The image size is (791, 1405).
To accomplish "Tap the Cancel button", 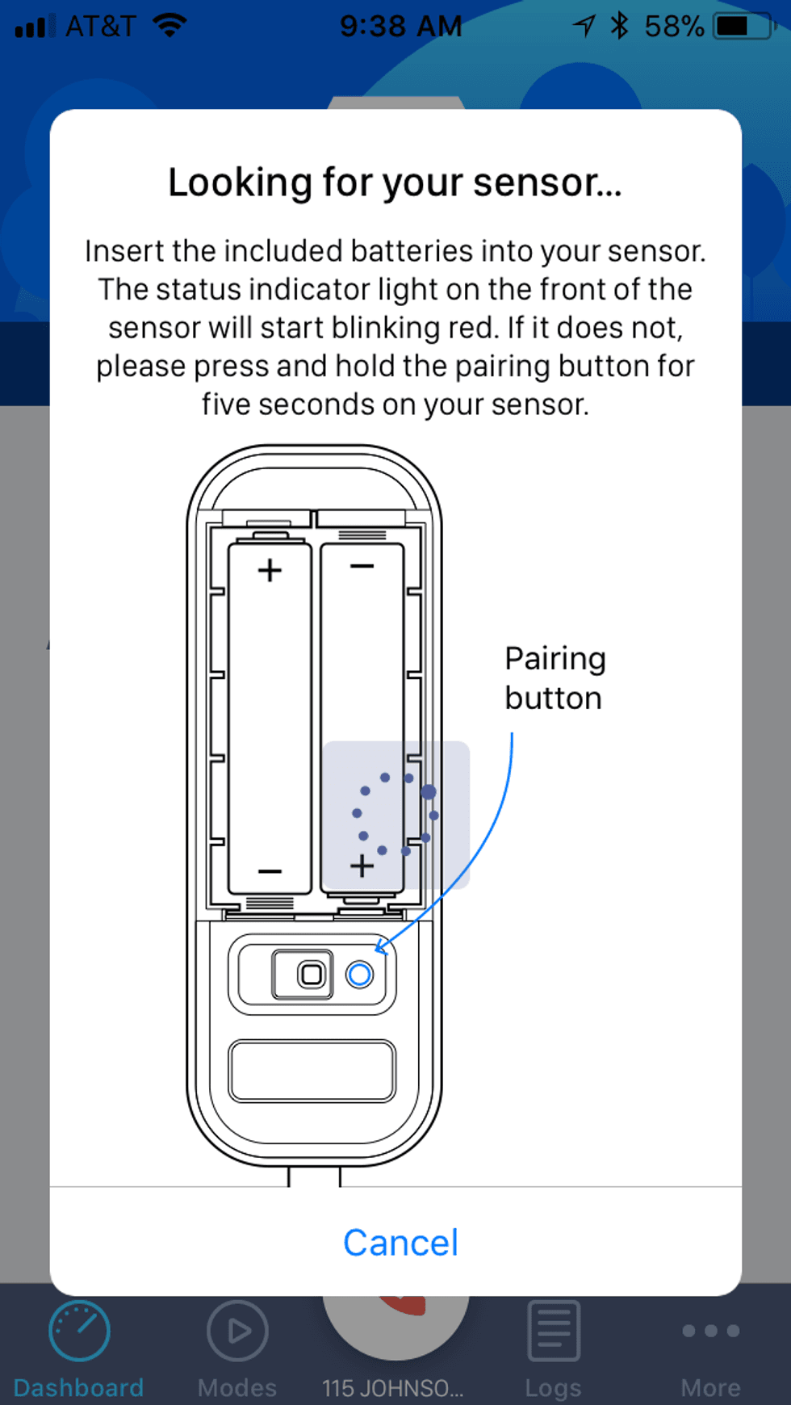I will (400, 1243).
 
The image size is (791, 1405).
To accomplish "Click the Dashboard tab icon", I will (79, 1330).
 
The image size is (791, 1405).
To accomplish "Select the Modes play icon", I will (237, 1330).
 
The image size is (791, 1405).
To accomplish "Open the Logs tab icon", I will (554, 1330).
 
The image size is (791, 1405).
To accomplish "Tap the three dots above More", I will (710, 1330).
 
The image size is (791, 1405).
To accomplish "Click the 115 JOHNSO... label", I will (393, 1388).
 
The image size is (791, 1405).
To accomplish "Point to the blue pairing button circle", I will (359, 975).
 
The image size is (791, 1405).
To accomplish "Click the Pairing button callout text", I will (555, 678).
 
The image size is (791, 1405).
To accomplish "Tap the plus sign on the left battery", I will (270, 571).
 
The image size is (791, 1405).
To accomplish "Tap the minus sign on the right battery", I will (362, 566).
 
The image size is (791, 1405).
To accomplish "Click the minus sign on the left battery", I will (270, 871).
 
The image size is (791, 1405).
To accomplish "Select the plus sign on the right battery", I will (362, 866).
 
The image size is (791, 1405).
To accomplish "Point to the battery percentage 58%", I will (674, 27).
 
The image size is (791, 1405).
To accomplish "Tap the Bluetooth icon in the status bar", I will (619, 26).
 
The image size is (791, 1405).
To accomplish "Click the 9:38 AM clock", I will (400, 27).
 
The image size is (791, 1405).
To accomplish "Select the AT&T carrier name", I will (100, 27).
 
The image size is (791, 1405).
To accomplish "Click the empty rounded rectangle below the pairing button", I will (312, 1071).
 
